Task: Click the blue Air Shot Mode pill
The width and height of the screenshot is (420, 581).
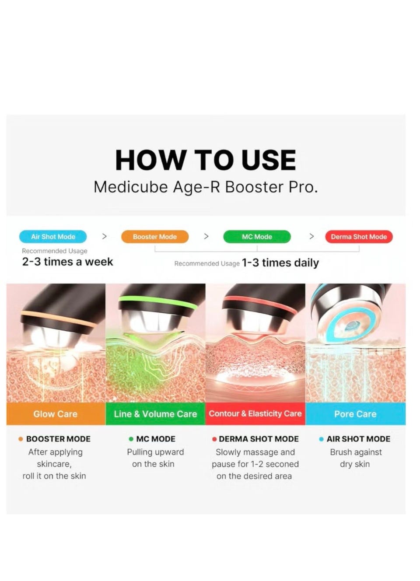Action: click(x=53, y=237)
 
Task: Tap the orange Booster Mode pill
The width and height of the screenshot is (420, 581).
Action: click(x=155, y=237)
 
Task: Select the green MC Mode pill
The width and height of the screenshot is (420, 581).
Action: click(x=257, y=237)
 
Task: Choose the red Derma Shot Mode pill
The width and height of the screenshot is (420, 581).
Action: click(x=359, y=237)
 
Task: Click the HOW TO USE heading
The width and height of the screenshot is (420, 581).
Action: click(x=206, y=160)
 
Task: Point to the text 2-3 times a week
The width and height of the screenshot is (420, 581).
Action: click(x=67, y=262)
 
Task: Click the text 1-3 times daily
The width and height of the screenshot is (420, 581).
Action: click(x=280, y=263)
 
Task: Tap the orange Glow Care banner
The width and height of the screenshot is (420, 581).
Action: click(x=56, y=414)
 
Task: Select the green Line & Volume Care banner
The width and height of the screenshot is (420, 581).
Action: click(x=155, y=414)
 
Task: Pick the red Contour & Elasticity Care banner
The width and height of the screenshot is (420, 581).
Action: click(x=255, y=414)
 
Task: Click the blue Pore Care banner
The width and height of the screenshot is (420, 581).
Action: click(x=355, y=414)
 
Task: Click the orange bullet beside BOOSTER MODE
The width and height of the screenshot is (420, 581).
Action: click(x=21, y=439)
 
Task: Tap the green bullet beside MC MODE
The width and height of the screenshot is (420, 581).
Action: click(x=131, y=439)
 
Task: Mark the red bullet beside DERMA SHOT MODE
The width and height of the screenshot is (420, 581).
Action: click(x=214, y=439)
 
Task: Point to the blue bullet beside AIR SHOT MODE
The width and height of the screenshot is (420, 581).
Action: click(x=321, y=439)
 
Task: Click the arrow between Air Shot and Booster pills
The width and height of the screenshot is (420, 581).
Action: click(x=104, y=237)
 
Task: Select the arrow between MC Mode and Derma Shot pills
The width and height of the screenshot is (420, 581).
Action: click(x=311, y=237)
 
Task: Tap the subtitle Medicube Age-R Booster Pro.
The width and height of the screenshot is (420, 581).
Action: click(x=206, y=187)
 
